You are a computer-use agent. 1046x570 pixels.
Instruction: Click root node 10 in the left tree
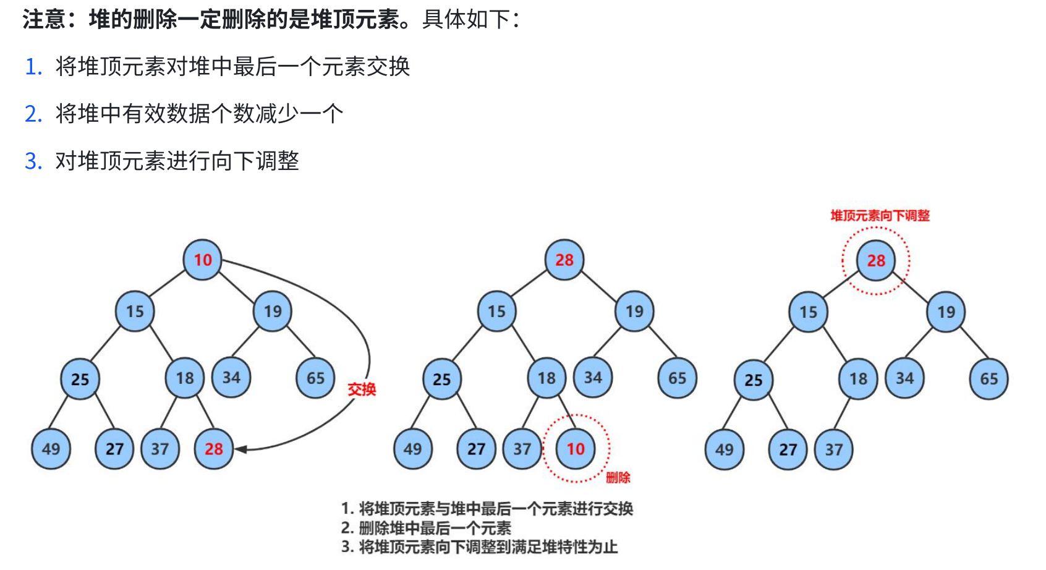pyautogui.click(x=202, y=260)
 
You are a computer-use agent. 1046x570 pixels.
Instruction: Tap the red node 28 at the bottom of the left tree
pyautogui.click(x=213, y=449)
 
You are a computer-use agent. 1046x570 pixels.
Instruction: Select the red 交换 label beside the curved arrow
pyautogui.click(x=362, y=389)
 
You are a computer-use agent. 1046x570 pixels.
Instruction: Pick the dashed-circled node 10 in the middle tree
pyautogui.click(x=575, y=449)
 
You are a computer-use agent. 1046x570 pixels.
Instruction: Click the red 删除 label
pyautogui.click(x=618, y=477)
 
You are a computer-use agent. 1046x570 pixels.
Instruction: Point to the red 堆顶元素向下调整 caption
pyautogui.click(x=880, y=216)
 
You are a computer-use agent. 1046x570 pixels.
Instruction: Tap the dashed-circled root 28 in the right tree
pyautogui.click(x=875, y=260)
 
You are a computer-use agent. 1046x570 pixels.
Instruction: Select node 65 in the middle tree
pyautogui.click(x=677, y=378)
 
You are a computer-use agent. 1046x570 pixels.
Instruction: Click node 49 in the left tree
pyautogui.click(x=51, y=449)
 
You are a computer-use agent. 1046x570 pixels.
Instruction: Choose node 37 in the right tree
pyautogui.click(x=833, y=449)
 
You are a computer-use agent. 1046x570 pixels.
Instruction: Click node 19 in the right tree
pyautogui.click(x=945, y=312)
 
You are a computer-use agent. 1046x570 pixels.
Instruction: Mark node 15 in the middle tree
pyautogui.click(x=496, y=312)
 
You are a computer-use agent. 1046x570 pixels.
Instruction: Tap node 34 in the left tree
pyautogui.click(x=231, y=378)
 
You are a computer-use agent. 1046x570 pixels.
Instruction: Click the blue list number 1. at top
pyautogui.click(x=33, y=67)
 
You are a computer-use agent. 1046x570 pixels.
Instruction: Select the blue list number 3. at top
pyautogui.click(x=33, y=161)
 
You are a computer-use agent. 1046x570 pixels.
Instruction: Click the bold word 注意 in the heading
pyautogui.click(x=45, y=19)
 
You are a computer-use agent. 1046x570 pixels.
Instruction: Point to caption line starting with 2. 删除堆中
pyautogui.click(x=427, y=528)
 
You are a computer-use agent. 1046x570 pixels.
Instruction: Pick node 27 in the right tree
pyautogui.click(x=788, y=449)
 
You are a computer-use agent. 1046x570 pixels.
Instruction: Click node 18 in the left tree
pyautogui.click(x=185, y=378)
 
